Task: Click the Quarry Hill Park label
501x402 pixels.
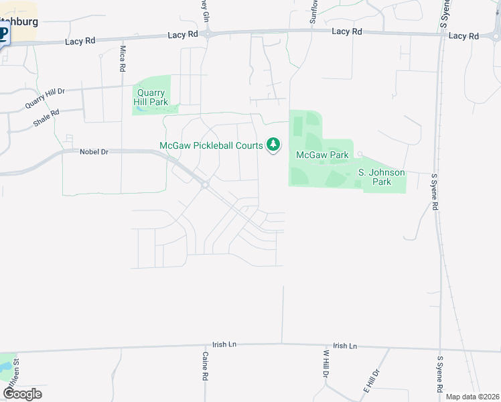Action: pos(152,98)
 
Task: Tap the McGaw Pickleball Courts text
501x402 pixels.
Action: pos(211,146)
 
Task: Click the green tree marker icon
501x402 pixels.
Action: pos(273,144)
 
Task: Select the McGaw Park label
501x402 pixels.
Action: pos(322,155)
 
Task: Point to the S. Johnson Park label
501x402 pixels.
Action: pos(381,177)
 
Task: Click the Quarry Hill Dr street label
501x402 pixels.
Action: pos(45,98)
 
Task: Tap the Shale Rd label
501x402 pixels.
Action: pos(46,119)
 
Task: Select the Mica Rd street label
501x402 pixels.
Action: pos(123,59)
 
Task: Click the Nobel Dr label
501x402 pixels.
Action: pos(94,152)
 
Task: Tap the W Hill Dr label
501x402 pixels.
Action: pos(326,364)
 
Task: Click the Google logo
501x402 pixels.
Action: pos(22,394)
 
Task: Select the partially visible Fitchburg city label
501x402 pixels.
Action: pos(19,21)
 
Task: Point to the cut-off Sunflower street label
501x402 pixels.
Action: pos(313,12)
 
